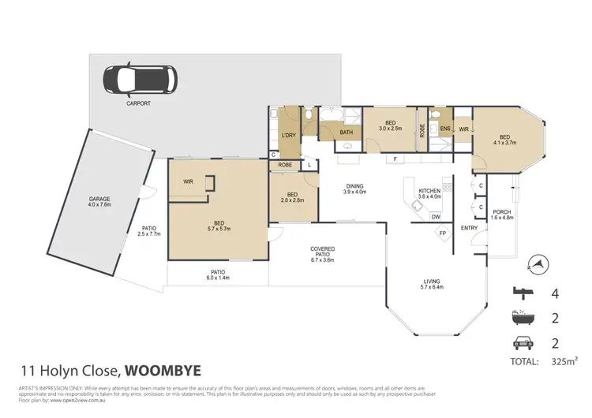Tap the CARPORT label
(x=137, y=103)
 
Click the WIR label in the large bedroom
(x=188, y=181)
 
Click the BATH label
(x=346, y=132)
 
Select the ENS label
(x=445, y=129)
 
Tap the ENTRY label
(x=470, y=229)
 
